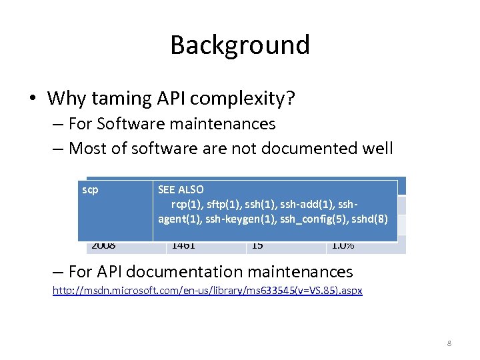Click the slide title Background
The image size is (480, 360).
(240, 45)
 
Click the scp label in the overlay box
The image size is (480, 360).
(90, 190)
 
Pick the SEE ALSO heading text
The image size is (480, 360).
(181, 190)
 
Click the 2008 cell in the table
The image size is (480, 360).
(103, 245)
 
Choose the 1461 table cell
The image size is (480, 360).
(183, 245)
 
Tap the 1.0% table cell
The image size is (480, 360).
(343, 245)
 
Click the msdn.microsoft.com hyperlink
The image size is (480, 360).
(207, 291)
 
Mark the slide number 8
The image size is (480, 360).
(449, 343)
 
